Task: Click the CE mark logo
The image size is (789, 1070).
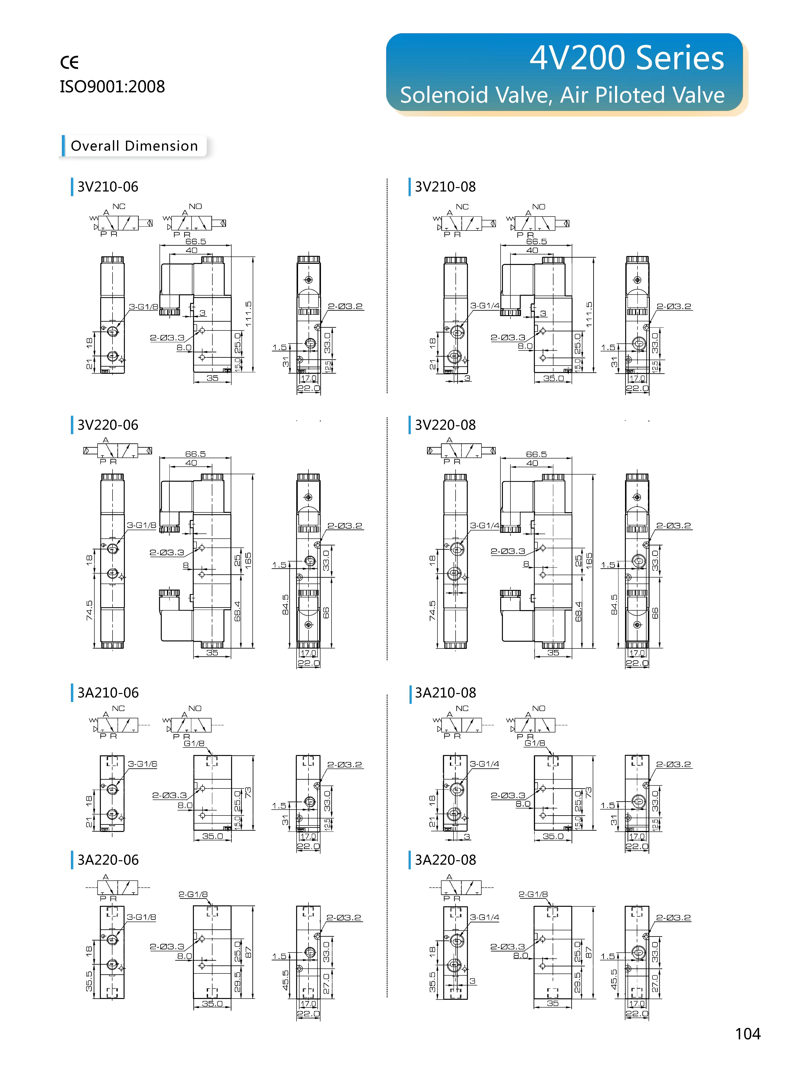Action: point(69,62)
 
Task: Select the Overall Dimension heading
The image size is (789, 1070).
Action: point(134,146)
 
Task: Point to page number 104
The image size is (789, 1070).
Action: point(747,1034)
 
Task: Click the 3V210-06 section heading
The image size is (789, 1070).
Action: point(108,187)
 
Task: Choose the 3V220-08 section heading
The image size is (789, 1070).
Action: point(445,425)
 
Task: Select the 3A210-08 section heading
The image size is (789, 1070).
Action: point(445,693)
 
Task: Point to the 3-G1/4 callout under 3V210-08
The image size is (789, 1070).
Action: point(485,305)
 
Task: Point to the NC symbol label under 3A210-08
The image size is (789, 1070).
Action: point(462,708)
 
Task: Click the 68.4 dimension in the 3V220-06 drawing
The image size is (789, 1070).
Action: point(237,611)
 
